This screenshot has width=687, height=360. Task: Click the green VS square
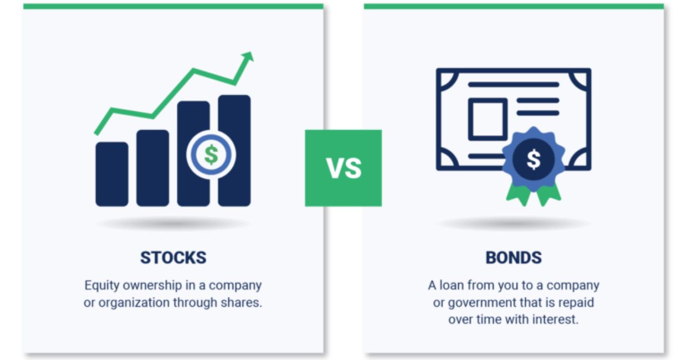pyautogui.click(x=343, y=168)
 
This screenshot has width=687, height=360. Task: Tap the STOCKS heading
pyautogui.click(x=173, y=258)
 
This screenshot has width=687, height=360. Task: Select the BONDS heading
pyautogui.click(x=514, y=258)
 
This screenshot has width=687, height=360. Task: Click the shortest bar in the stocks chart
pyautogui.click(x=111, y=174)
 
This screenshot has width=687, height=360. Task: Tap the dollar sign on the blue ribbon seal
pyautogui.click(x=533, y=160)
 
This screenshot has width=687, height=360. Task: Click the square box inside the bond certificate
pyautogui.click(x=487, y=119)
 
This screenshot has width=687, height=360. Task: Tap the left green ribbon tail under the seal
pyautogui.click(x=517, y=193)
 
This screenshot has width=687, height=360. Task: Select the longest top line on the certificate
pyautogui.click(x=513, y=85)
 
